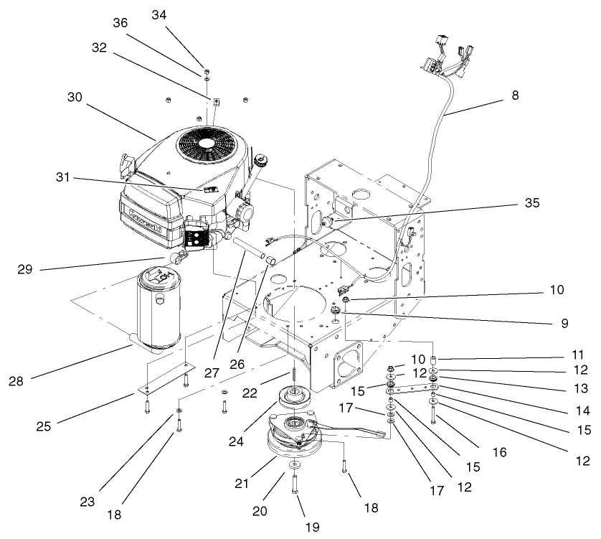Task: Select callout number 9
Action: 564,324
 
